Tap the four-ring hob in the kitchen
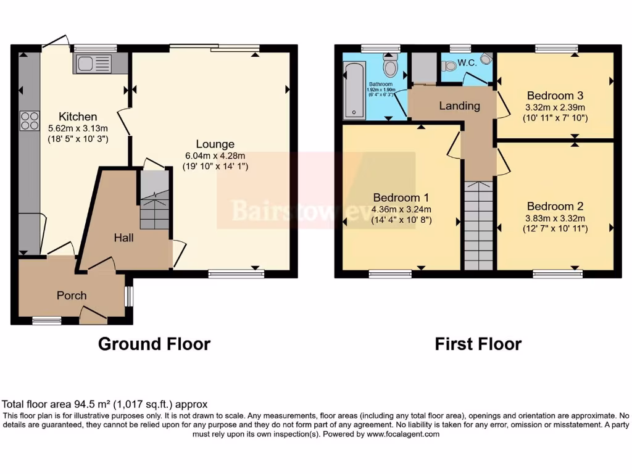(30, 120)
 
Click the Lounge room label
(215, 144)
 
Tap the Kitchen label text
(78, 117)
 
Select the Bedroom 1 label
(401, 197)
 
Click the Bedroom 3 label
(555, 96)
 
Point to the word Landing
(459, 106)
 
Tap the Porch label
(72, 296)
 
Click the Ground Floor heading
(154, 344)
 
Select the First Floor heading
(478, 344)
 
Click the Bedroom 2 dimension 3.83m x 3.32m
(555, 218)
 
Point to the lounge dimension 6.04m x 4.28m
(215, 156)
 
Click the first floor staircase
(478, 225)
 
